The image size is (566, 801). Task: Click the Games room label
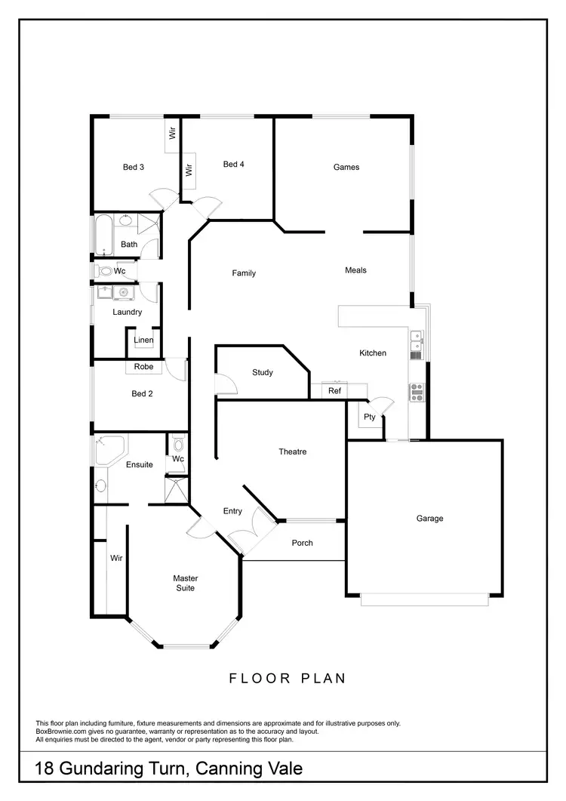click(x=346, y=168)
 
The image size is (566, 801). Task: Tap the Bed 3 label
click(x=134, y=168)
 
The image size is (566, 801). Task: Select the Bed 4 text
click(x=233, y=165)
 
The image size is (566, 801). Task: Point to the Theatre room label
click(x=293, y=452)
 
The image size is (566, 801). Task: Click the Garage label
click(x=429, y=519)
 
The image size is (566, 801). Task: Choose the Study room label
click(x=263, y=373)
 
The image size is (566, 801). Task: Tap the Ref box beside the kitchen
click(x=334, y=391)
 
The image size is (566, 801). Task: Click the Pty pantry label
click(x=370, y=417)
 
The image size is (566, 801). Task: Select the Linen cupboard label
click(x=143, y=340)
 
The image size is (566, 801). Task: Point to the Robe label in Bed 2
click(x=143, y=367)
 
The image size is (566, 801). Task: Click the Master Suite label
click(x=185, y=583)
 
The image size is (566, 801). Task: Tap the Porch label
click(x=302, y=543)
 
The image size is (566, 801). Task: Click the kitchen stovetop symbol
click(x=417, y=391)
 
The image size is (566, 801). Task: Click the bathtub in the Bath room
click(x=103, y=235)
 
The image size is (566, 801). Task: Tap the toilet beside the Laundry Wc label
click(x=103, y=270)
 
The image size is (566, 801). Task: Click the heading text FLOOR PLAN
click(x=288, y=678)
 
